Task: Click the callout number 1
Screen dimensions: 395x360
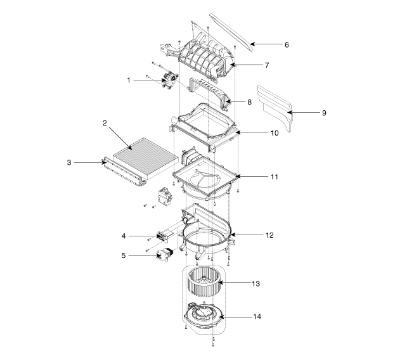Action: [129, 80]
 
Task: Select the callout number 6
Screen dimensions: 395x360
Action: [287, 44]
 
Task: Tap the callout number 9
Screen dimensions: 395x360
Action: [324, 113]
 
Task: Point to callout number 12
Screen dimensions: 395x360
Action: [269, 235]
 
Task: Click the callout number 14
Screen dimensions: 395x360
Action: [257, 316]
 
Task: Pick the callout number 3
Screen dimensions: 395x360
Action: [69, 163]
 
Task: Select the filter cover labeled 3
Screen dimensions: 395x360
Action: [123, 172]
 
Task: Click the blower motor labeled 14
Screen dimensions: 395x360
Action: [203, 315]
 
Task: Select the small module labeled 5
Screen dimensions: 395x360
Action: [164, 254]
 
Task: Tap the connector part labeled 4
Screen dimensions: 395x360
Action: [163, 236]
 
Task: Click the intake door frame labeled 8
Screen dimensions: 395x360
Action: [210, 93]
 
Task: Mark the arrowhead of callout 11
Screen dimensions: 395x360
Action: [237, 176]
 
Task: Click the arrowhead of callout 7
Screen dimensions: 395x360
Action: [233, 65]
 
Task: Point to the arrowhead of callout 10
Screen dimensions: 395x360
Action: [237, 132]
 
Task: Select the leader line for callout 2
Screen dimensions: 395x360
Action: [120, 138]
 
